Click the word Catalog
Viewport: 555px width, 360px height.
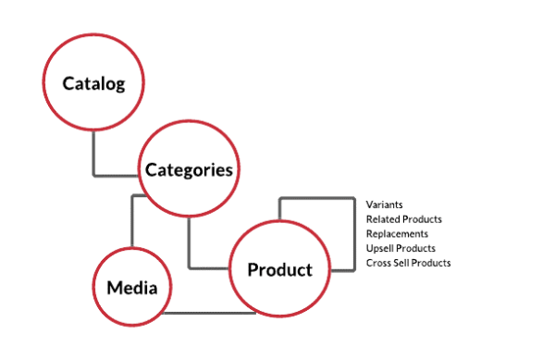coord(93,83)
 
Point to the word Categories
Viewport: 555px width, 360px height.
coord(188,169)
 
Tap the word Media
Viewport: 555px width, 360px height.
coord(131,287)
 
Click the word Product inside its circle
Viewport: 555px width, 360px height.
coord(279,270)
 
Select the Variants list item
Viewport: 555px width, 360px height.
coord(384,204)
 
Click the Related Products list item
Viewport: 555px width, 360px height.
coord(403,218)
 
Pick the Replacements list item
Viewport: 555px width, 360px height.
coord(397,233)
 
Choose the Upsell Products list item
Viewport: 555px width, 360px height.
coord(401,248)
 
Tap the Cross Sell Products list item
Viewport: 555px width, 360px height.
coord(408,263)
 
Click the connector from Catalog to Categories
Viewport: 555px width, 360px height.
coord(94,153)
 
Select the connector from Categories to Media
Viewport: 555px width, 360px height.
coord(132,222)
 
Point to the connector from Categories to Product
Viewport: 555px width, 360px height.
coord(190,245)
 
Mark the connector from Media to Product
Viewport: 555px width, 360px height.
coord(208,313)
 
